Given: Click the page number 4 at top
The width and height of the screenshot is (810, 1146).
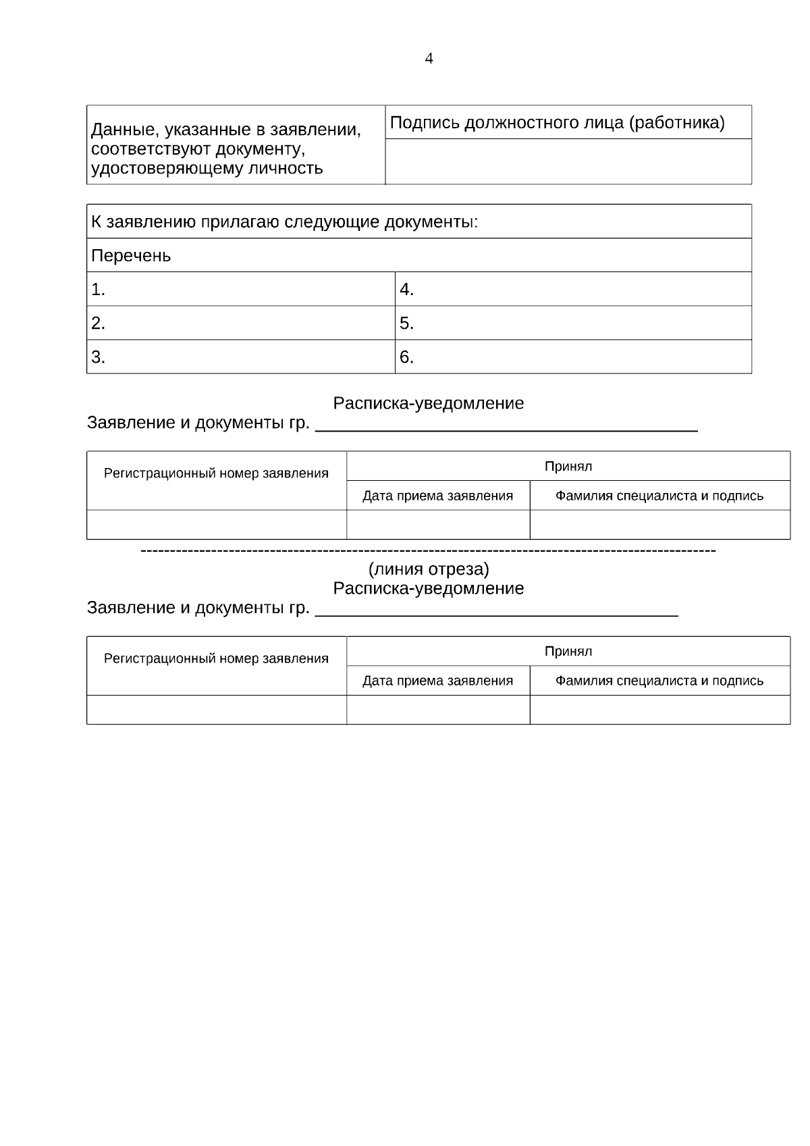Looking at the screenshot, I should click(x=429, y=59).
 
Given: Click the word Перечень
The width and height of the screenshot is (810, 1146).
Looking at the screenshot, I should click(x=131, y=256).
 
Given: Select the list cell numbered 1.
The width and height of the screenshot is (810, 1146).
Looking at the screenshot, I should click(x=240, y=290).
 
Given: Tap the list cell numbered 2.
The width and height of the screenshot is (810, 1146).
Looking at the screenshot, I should click(x=240, y=323).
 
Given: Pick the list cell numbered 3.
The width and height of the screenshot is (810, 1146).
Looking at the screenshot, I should click(x=240, y=357).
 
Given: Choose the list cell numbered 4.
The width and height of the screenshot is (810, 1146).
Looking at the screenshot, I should click(x=572, y=290).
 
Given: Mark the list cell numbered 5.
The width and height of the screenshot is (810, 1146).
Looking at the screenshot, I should click(x=572, y=323).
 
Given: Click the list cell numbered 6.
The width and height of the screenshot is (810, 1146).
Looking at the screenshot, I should click(x=572, y=357).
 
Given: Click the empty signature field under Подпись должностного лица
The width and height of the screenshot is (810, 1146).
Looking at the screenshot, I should click(x=568, y=162).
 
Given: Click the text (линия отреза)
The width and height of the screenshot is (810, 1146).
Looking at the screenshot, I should click(x=429, y=569).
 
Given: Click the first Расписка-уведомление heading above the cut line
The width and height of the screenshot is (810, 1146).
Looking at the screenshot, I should click(x=429, y=403).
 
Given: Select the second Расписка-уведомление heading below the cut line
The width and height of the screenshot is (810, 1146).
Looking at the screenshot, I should click(x=429, y=588).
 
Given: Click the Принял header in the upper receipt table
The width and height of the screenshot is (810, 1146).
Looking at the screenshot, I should click(x=568, y=466).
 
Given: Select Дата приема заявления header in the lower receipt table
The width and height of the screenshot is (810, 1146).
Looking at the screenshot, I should click(x=437, y=681).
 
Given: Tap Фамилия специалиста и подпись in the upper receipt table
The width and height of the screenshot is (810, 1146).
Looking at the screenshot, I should click(x=659, y=496).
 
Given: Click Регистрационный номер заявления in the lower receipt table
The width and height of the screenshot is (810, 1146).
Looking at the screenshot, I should click(x=216, y=658).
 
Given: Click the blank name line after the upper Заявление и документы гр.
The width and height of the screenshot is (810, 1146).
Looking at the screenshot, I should click(x=506, y=425).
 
